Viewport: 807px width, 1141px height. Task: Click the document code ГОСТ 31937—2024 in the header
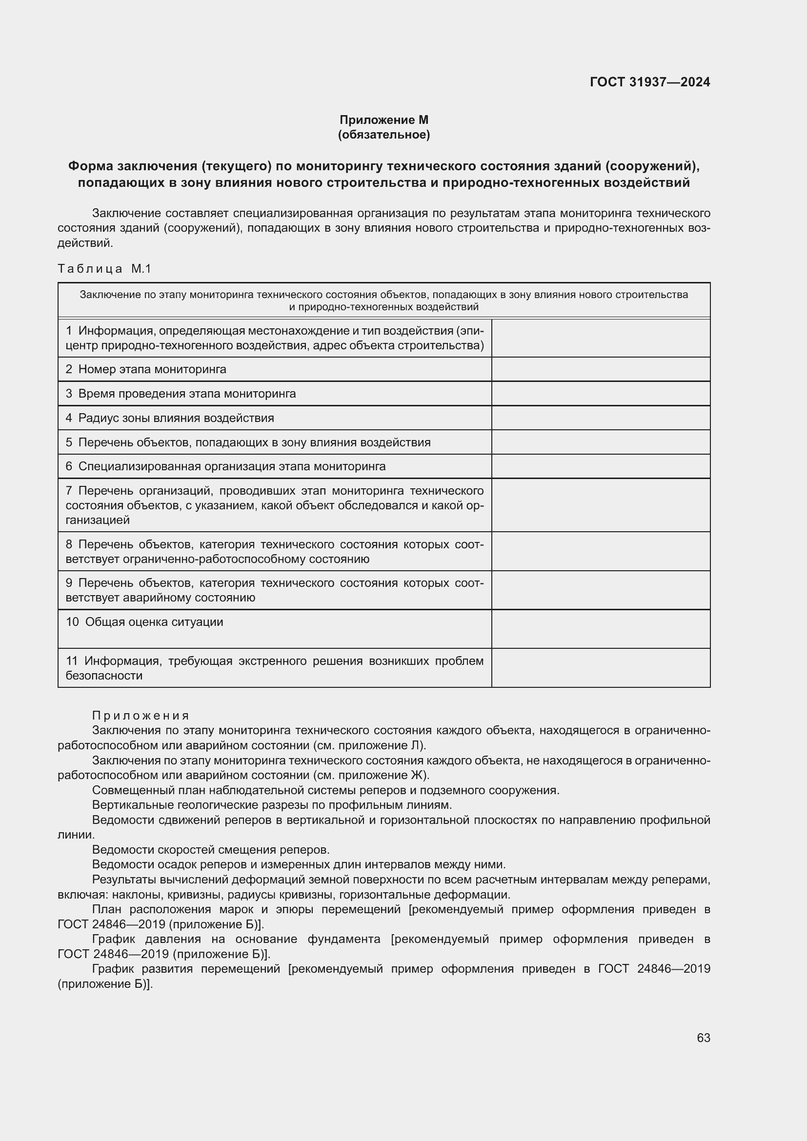pos(649,82)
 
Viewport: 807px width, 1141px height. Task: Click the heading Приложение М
pos(383,120)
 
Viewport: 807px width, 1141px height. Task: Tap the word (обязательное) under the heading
pos(383,135)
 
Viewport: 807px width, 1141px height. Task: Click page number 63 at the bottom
pos(703,1038)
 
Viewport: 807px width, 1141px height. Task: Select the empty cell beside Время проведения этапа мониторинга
pos(600,394)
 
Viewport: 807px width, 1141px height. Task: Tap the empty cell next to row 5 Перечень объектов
pos(600,442)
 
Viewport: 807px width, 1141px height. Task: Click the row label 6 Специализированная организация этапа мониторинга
pos(225,466)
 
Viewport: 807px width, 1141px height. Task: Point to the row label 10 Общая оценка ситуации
pos(144,621)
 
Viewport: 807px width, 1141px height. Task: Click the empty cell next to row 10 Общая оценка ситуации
pos(600,629)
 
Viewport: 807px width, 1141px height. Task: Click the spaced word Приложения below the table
pos(141,716)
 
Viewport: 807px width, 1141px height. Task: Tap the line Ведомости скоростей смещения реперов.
pos(211,850)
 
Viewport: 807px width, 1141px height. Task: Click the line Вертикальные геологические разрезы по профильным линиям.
pos(272,805)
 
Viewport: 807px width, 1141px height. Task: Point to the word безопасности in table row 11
pos(104,675)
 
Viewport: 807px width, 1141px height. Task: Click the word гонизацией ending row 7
pos(98,520)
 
